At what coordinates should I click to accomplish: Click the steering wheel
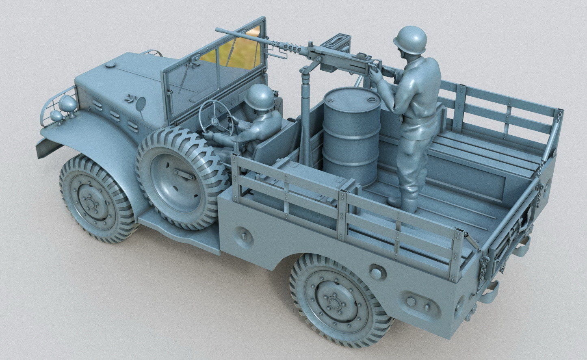pos(218,118)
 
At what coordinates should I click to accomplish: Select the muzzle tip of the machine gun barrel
pos(217,30)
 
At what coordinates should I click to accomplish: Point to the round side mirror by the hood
pos(141,104)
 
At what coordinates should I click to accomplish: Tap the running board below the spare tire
pos(179,232)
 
